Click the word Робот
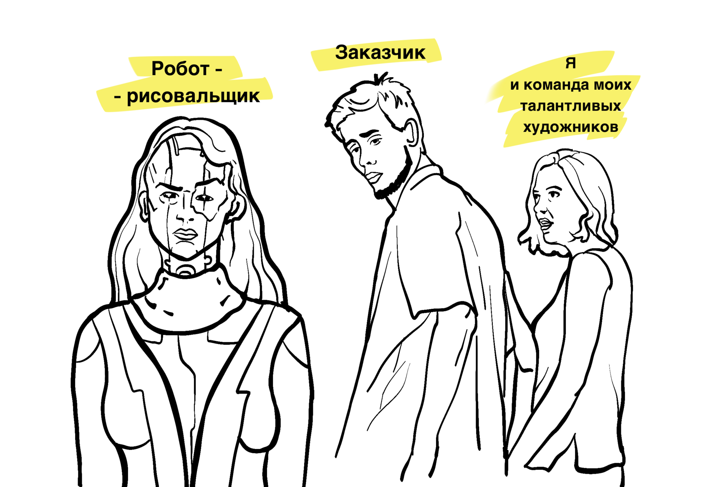coord(180,69)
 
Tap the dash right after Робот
coord(218,70)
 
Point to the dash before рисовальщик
coord(118,97)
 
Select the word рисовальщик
coord(193,96)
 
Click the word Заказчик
coord(380,53)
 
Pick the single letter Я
coord(570,63)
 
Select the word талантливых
coord(571,106)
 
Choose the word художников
coord(570,127)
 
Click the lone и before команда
coord(514,86)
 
